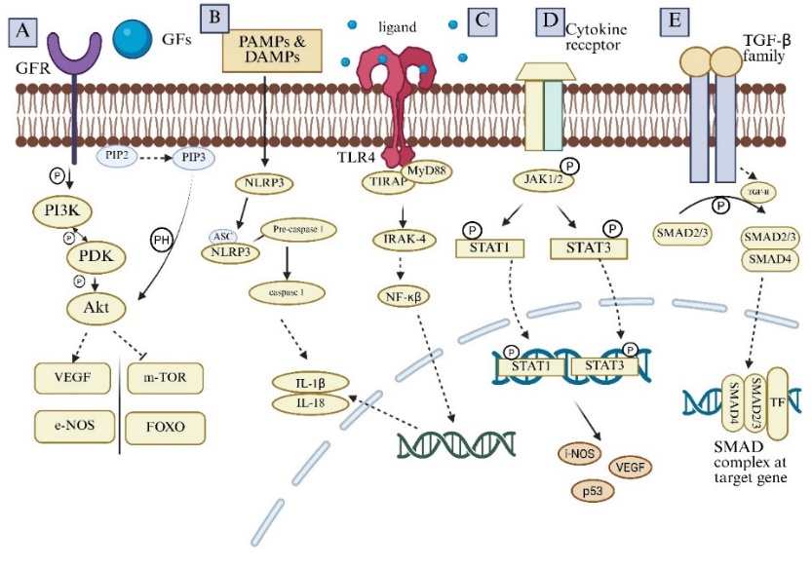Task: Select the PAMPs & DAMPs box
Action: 273,51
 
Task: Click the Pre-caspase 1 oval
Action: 297,229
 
